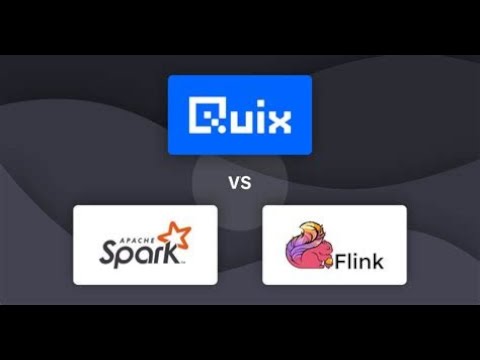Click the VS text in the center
(239, 184)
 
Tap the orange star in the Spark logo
(178, 237)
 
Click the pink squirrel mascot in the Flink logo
(307, 249)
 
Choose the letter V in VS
(233, 184)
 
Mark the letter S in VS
(245, 184)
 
